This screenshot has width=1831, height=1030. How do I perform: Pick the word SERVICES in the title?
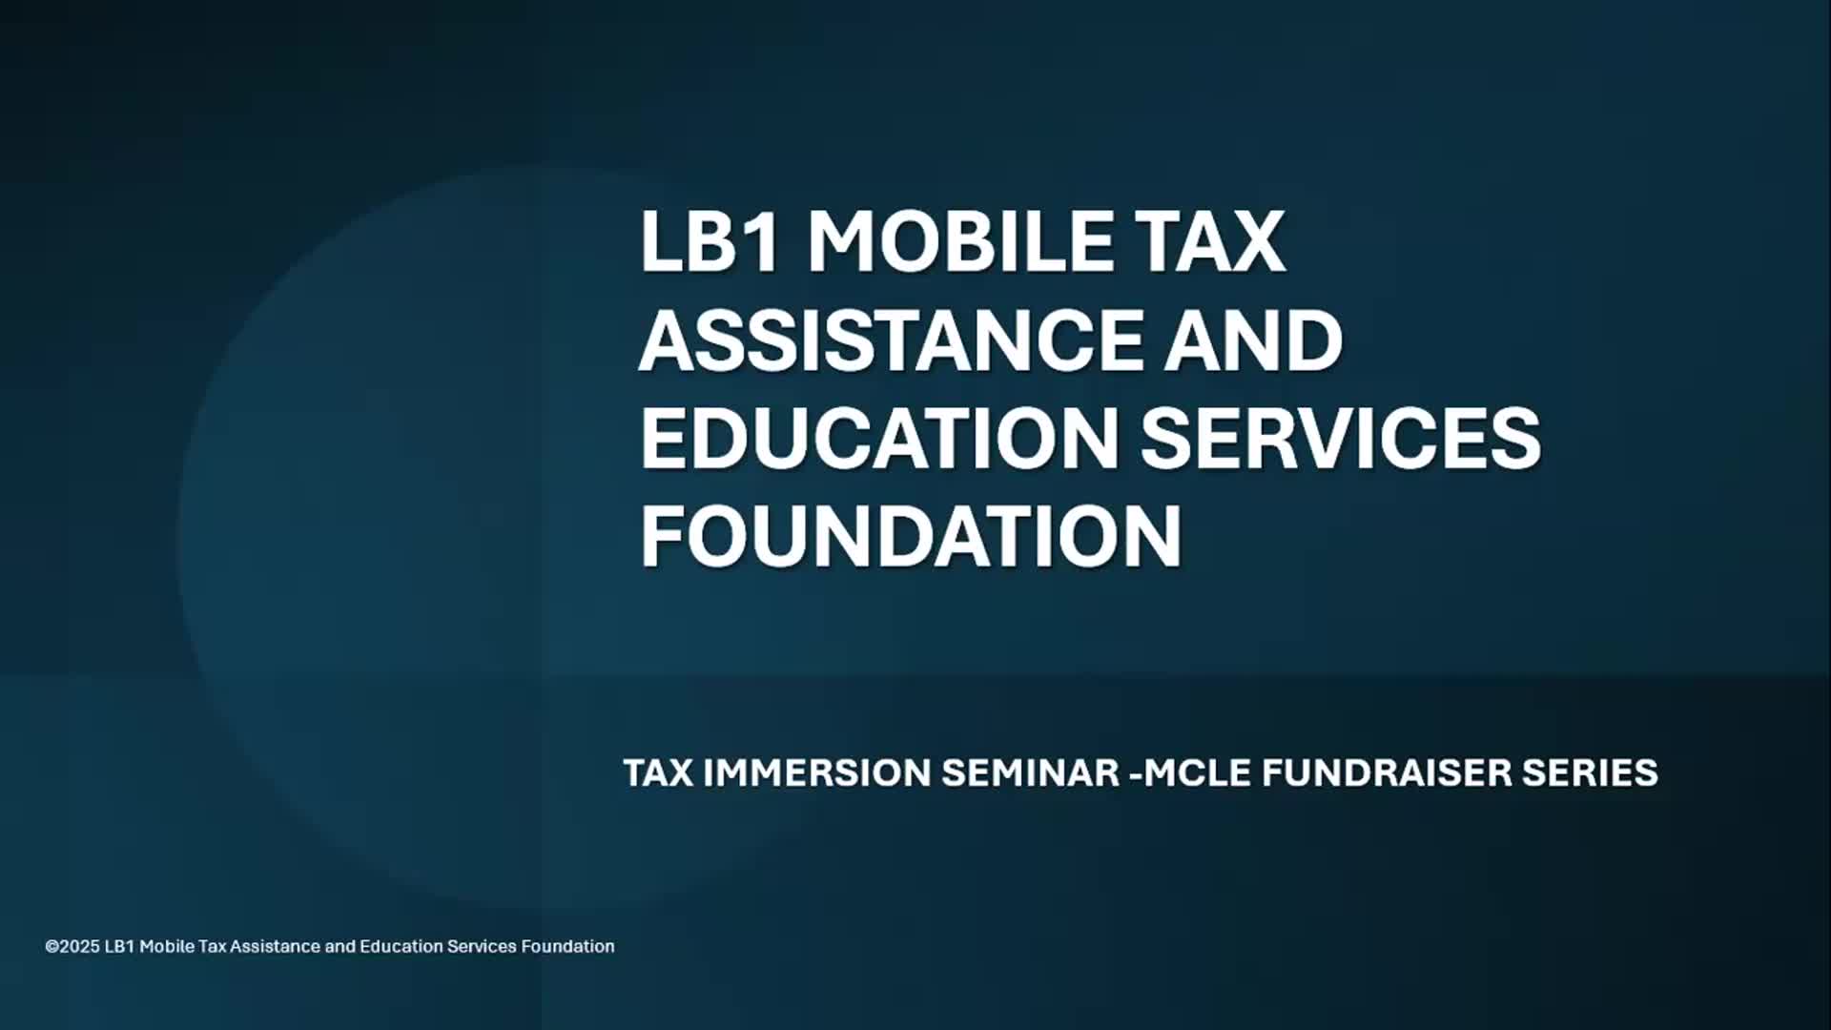coord(1340,438)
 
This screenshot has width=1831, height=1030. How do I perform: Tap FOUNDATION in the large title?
coord(911,536)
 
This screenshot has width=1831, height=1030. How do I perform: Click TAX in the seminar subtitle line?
coord(658,772)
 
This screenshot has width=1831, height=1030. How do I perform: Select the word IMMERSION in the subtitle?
coord(816,772)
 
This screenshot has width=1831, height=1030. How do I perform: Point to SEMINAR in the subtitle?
coord(1030,772)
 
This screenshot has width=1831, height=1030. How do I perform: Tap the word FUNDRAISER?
coord(1387,772)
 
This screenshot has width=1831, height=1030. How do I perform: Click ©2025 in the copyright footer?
coord(72,947)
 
